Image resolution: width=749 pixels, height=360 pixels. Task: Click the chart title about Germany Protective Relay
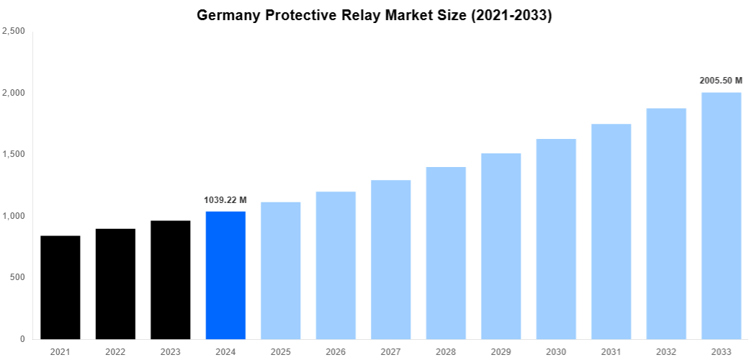tap(374, 15)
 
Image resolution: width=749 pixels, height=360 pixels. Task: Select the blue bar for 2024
tap(225, 275)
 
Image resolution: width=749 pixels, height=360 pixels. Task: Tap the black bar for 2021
tap(60, 287)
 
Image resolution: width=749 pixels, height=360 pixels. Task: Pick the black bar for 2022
tap(115, 284)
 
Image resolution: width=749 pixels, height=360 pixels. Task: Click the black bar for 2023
tap(171, 279)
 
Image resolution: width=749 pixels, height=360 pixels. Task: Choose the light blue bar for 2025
tap(281, 271)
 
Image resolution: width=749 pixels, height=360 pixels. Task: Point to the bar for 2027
tap(391, 259)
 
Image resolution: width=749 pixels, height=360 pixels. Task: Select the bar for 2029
tap(501, 246)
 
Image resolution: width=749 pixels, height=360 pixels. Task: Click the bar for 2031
tap(611, 231)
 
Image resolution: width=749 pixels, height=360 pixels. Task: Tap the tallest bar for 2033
tap(722, 215)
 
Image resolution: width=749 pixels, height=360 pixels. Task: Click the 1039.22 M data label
tap(225, 200)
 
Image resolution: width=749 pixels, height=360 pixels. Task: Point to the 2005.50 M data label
tap(721, 81)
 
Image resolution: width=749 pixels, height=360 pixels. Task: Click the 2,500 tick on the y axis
tap(14, 31)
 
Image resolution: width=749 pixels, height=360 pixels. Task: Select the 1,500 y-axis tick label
tap(14, 154)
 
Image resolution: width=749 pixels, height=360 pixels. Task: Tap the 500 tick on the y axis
tap(18, 277)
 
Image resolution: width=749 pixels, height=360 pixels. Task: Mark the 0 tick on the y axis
tap(23, 339)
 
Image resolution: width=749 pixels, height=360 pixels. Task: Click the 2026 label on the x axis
tap(336, 351)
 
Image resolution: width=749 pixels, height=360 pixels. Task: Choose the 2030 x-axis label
tap(556, 351)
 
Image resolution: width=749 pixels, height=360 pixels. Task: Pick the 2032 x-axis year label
tap(666, 351)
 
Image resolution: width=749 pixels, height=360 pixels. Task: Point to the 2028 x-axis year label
tap(446, 351)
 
